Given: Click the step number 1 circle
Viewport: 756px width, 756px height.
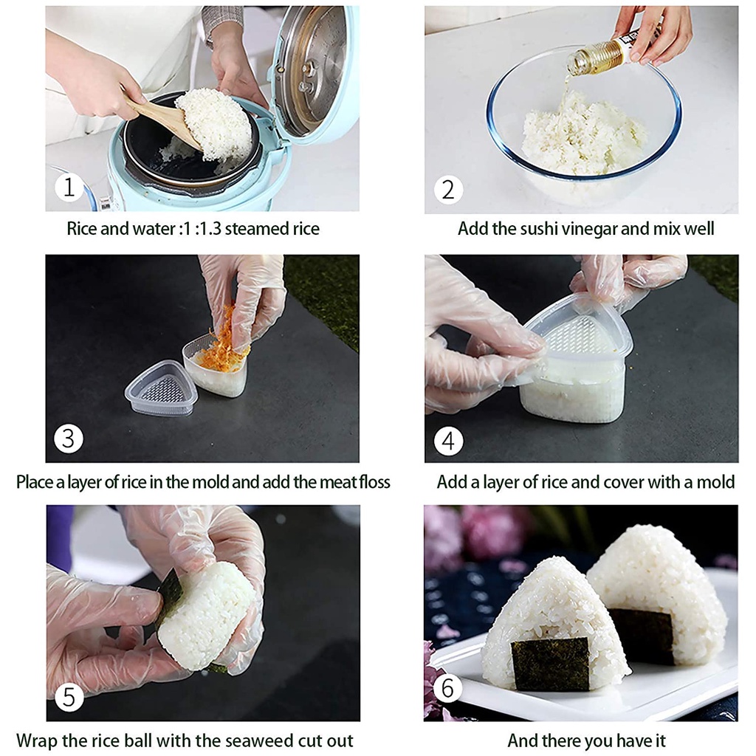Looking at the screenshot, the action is [69, 187].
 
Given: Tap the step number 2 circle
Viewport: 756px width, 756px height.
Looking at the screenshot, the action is [448, 190].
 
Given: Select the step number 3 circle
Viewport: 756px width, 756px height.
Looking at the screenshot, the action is [69, 439].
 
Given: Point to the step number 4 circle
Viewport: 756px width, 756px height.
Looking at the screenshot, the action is [448, 441].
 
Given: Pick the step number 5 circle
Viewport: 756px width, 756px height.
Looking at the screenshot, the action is [69, 697].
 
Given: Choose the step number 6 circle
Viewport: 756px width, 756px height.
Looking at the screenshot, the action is [447, 688].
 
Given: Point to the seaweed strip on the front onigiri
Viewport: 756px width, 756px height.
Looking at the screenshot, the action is [551, 662].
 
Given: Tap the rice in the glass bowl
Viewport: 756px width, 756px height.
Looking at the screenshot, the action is [583, 135].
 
